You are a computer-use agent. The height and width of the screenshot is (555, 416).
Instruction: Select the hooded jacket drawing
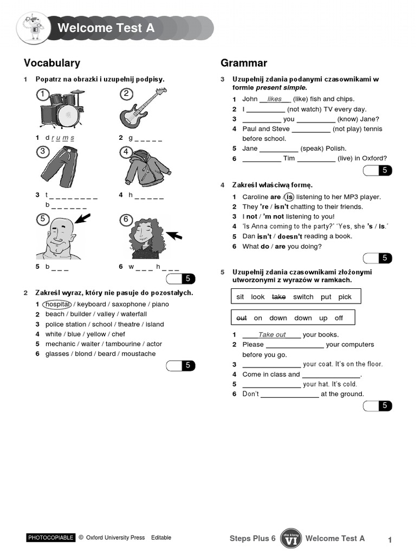point(146,169)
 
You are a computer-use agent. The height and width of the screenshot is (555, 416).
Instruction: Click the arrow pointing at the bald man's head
point(83,218)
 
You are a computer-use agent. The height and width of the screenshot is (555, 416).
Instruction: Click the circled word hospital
point(58,304)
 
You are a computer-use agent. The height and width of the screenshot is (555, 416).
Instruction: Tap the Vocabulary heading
point(52,63)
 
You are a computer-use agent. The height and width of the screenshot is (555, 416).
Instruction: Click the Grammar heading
point(244,63)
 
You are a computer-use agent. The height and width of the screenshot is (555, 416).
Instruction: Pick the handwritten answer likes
point(275,99)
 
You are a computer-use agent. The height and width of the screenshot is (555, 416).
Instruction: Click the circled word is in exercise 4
point(289,197)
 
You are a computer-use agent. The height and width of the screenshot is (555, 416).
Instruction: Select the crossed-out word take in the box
point(278,297)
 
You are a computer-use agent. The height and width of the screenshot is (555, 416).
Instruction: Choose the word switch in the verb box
point(303,297)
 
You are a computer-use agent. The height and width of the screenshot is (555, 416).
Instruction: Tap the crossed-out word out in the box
point(242,318)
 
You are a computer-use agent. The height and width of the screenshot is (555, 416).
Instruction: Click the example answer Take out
point(272,334)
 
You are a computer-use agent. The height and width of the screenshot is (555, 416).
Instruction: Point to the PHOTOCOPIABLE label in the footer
point(50,538)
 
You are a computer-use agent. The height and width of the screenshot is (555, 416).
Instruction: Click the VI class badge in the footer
point(290,538)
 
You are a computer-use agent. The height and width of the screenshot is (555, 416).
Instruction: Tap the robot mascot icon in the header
point(34,28)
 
